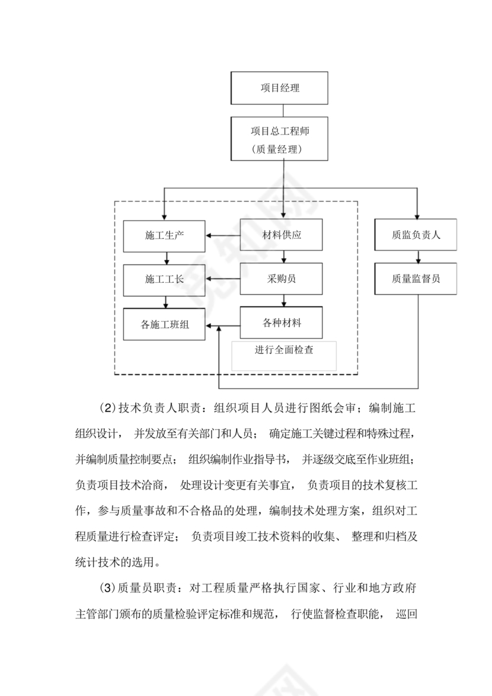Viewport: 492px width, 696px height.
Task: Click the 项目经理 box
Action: click(x=280, y=88)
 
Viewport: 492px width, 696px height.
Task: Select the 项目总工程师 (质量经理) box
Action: click(x=280, y=138)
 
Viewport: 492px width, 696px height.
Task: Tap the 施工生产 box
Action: click(x=164, y=235)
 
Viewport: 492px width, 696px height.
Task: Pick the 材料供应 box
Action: click(x=282, y=235)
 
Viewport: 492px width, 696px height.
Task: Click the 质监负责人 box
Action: click(x=416, y=235)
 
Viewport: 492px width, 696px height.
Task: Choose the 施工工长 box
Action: click(x=164, y=279)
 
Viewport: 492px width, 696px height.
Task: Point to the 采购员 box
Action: click(x=282, y=279)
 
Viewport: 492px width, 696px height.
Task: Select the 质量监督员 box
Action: click(x=416, y=279)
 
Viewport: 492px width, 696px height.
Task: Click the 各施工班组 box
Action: click(x=164, y=325)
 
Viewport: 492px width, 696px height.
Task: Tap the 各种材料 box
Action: click(x=282, y=323)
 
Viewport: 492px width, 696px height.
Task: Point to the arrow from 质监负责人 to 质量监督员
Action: click(x=419, y=257)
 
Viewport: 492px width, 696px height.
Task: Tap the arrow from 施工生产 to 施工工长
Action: click(x=167, y=258)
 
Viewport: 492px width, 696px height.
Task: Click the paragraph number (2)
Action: click(x=105, y=408)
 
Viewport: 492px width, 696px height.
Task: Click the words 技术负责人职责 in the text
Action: click(x=155, y=408)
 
